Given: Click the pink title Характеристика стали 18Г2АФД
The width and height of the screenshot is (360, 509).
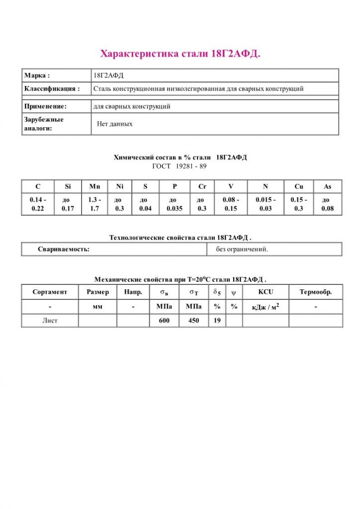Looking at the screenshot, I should pos(180,54).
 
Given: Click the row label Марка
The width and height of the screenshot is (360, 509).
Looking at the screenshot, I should pos(37,76).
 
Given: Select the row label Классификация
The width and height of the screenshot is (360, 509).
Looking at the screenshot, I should pos(52,89).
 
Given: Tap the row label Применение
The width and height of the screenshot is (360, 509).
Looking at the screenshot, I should pos(45,106).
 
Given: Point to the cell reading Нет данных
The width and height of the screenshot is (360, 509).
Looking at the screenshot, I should pos(114,124).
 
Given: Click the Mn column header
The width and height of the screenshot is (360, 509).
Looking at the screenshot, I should pos(94,186).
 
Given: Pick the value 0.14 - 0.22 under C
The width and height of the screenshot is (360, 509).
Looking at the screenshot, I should pos(37,204).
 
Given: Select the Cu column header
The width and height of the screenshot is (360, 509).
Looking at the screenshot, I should pos(299,186).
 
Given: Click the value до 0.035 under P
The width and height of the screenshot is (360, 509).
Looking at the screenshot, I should pos(175,204).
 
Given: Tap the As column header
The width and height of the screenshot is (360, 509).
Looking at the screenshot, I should pos(328,186).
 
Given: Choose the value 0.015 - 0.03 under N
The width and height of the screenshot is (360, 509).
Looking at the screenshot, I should pos(266,204).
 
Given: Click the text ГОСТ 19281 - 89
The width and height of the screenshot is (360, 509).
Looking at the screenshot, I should pos(180,166).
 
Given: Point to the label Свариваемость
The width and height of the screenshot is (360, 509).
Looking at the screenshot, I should pos(64,249).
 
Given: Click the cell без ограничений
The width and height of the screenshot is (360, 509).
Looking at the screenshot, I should pos(242,249).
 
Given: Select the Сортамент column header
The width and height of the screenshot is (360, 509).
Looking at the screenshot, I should pos(50,292).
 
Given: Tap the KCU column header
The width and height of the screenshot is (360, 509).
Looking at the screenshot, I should pos(266,292).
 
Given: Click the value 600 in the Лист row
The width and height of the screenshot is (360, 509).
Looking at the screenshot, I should pos(164,321).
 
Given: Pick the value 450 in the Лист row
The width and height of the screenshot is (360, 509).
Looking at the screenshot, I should pos(193,321).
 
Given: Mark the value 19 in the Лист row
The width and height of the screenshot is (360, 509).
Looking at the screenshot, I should pos(217,321).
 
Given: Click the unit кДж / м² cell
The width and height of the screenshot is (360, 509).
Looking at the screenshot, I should pos(266,307).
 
